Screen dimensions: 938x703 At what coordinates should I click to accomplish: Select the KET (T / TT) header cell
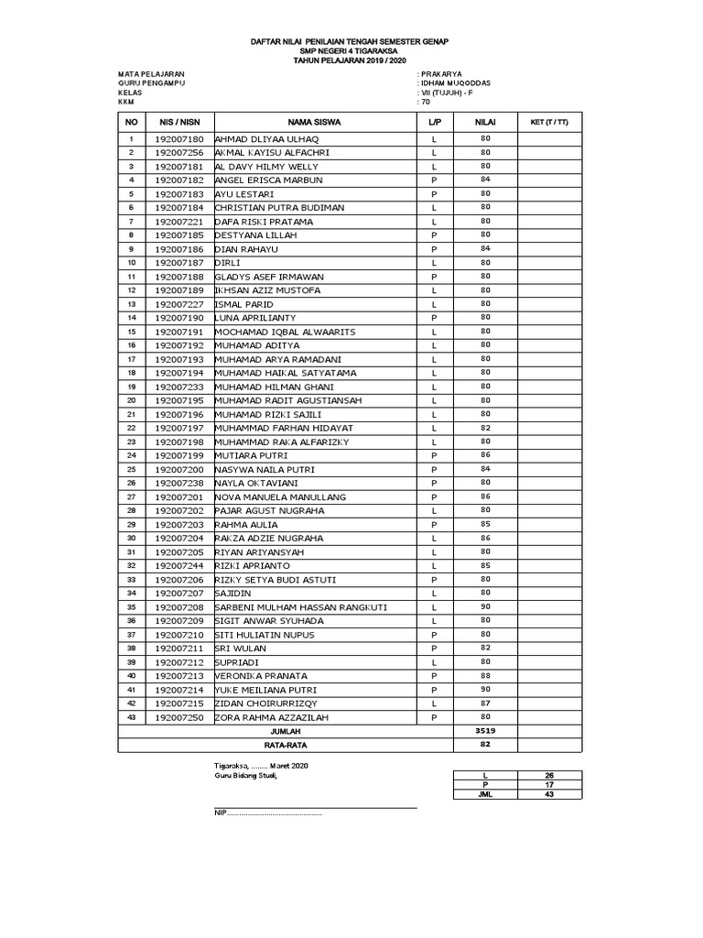549,122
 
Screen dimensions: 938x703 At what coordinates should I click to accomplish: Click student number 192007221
179,222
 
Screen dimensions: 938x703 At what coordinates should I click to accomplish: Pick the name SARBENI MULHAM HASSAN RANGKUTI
301,607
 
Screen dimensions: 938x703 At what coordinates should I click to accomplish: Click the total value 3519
485,732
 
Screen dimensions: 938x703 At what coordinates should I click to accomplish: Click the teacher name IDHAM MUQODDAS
456,82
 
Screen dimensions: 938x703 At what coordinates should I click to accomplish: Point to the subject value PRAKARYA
444,72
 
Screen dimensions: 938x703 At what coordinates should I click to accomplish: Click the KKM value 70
426,103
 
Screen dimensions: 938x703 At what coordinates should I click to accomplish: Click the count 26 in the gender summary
549,775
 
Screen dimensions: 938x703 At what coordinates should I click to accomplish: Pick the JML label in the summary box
485,794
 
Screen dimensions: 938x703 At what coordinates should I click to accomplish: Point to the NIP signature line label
221,813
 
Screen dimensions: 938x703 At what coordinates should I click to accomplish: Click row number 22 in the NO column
131,428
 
